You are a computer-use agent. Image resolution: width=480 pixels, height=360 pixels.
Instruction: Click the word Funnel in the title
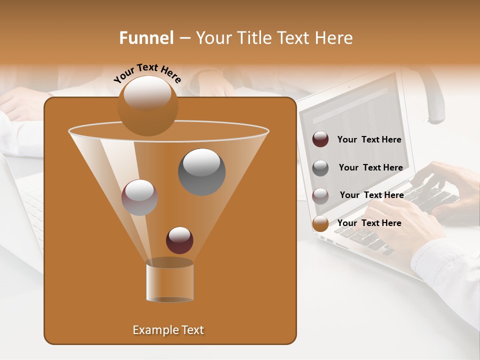[146, 38]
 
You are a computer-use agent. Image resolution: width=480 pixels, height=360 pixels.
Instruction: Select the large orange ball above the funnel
[147, 105]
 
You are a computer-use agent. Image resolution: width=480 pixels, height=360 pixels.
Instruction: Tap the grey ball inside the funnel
[202, 171]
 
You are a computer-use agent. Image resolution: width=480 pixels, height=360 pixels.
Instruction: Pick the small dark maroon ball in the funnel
[179, 240]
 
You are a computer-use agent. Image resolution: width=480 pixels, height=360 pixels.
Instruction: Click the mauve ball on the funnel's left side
[139, 197]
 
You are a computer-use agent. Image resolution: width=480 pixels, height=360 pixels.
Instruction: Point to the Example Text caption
[168, 330]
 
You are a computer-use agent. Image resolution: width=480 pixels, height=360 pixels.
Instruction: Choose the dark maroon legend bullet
[320, 139]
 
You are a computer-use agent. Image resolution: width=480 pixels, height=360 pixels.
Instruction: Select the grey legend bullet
[320, 168]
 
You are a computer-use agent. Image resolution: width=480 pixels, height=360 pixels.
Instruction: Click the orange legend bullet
[320, 223]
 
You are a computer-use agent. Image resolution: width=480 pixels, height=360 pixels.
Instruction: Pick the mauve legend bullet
[320, 195]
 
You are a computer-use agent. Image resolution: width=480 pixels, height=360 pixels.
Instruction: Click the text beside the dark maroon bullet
[369, 140]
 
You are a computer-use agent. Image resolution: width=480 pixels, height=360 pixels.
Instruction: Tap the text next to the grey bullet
[370, 167]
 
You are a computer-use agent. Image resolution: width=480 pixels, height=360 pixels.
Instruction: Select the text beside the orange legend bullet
[369, 223]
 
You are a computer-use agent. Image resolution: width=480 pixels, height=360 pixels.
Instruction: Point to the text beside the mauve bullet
[371, 195]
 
